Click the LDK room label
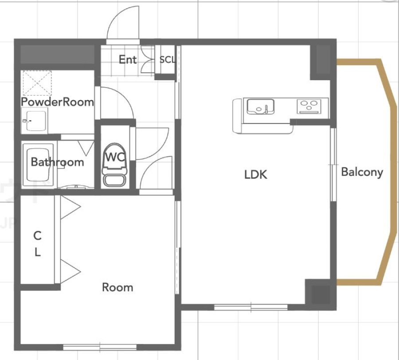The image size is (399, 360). click(x=256, y=175)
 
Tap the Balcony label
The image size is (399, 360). click(x=362, y=172)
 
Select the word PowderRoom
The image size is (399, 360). click(x=58, y=102)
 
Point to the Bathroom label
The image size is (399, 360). click(x=57, y=162)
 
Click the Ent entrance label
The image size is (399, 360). click(x=128, y=59)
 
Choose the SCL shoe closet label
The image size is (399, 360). click(x=167, y=60)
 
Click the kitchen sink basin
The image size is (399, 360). click(x=261, y=106)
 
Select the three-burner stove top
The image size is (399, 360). click(x=309, y=106)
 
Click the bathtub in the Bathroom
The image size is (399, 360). click(x=39, y=165)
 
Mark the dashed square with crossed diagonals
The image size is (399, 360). click(x=37, y=83)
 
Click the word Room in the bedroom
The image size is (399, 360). click(x=117, y=287)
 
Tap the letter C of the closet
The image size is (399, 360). click(x=37, y=236)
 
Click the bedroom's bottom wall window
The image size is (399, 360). click(x=100, y=347)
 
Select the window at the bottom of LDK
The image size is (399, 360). click(x=251, y=307)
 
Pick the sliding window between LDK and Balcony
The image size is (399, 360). click(x=333, y=165)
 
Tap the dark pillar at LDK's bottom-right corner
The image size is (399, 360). click(x=321, y=294)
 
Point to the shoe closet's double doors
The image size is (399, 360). click(x=147, y=60)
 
